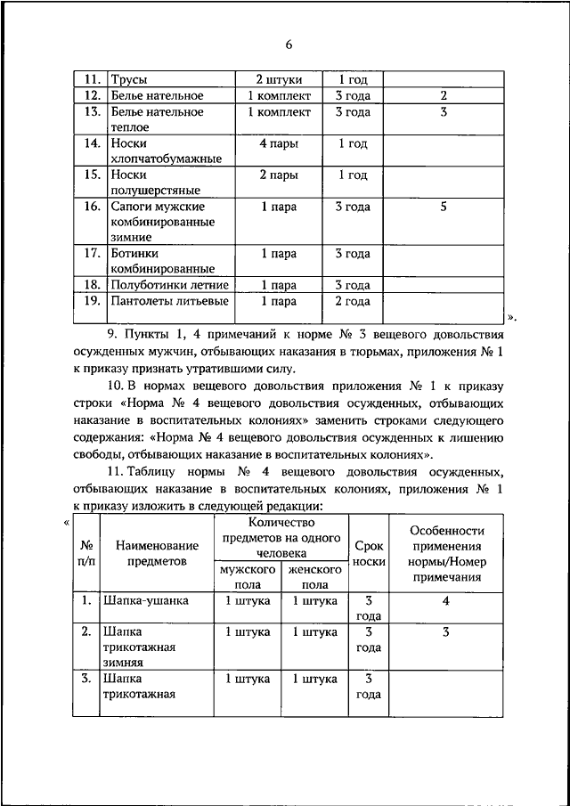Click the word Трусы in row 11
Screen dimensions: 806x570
[128, 80]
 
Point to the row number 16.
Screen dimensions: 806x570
[90, 207]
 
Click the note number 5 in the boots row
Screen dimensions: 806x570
[443, 207]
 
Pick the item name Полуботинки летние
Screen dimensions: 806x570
[169, 286]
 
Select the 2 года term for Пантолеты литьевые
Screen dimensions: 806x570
[353, 302]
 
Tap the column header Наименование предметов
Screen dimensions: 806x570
[150, 554]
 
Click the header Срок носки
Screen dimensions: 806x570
[370, 554]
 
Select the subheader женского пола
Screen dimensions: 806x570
[314, 577]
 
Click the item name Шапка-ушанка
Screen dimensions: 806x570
[146, 601]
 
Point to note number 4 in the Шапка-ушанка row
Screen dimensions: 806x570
[444, 601]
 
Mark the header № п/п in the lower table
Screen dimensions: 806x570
[88, 554]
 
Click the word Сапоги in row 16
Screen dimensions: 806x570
[133, 207]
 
